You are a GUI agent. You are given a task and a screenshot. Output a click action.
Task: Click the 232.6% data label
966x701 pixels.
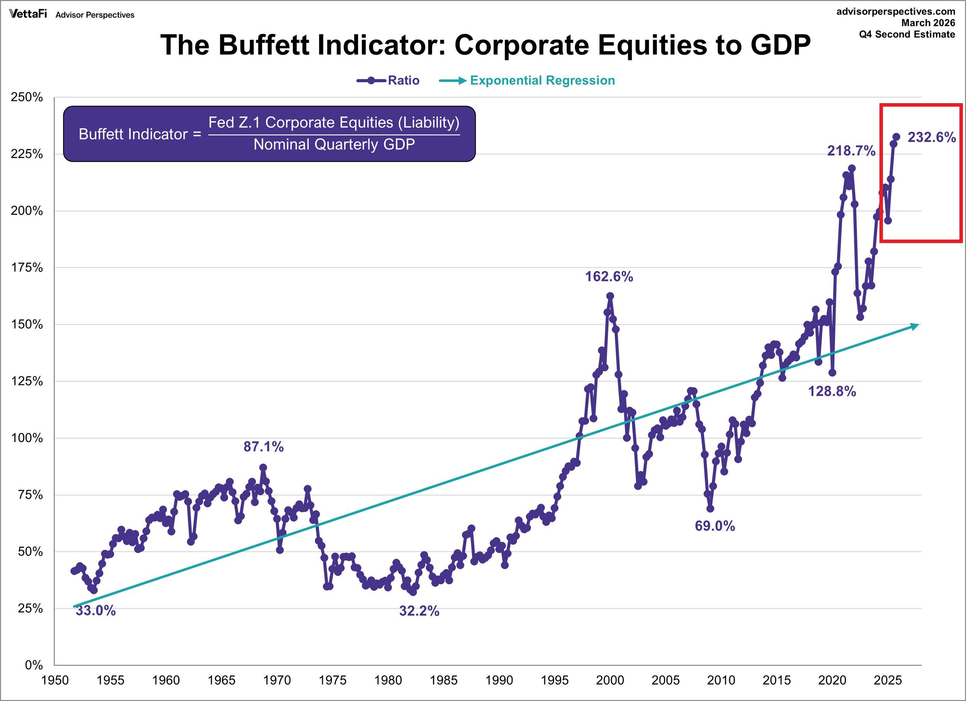tap(932, 137)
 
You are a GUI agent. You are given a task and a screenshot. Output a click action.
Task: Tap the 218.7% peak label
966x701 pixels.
tap(851, 151)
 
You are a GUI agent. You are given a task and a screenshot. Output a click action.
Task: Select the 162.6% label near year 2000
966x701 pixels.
tap(609, 277)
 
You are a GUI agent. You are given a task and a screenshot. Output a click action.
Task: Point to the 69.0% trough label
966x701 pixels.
tap(715, 526)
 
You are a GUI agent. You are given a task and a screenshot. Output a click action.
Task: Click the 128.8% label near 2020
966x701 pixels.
tap(832, 391)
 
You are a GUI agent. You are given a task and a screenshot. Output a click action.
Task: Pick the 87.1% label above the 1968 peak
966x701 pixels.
tap(263, 447)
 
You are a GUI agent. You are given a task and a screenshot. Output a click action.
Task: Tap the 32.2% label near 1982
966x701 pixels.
tap(419, 611)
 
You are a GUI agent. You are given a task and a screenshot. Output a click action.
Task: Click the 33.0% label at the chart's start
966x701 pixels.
tap(95, 611)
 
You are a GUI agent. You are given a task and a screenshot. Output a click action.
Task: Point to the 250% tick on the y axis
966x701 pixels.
tap(27, 97)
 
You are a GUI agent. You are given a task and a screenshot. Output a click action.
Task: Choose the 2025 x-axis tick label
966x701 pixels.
tap(888, 680)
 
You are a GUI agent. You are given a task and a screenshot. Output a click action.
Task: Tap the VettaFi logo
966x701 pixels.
tap(28, 14)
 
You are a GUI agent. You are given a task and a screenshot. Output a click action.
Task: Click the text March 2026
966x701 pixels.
tap(928, 23)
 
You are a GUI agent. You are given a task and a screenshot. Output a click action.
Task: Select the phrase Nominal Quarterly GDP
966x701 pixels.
tap(334, 145)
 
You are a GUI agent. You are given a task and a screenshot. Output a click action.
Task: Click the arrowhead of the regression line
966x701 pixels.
tap(915, 326)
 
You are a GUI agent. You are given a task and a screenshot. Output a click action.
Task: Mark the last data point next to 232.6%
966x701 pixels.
tap(896, 137)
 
